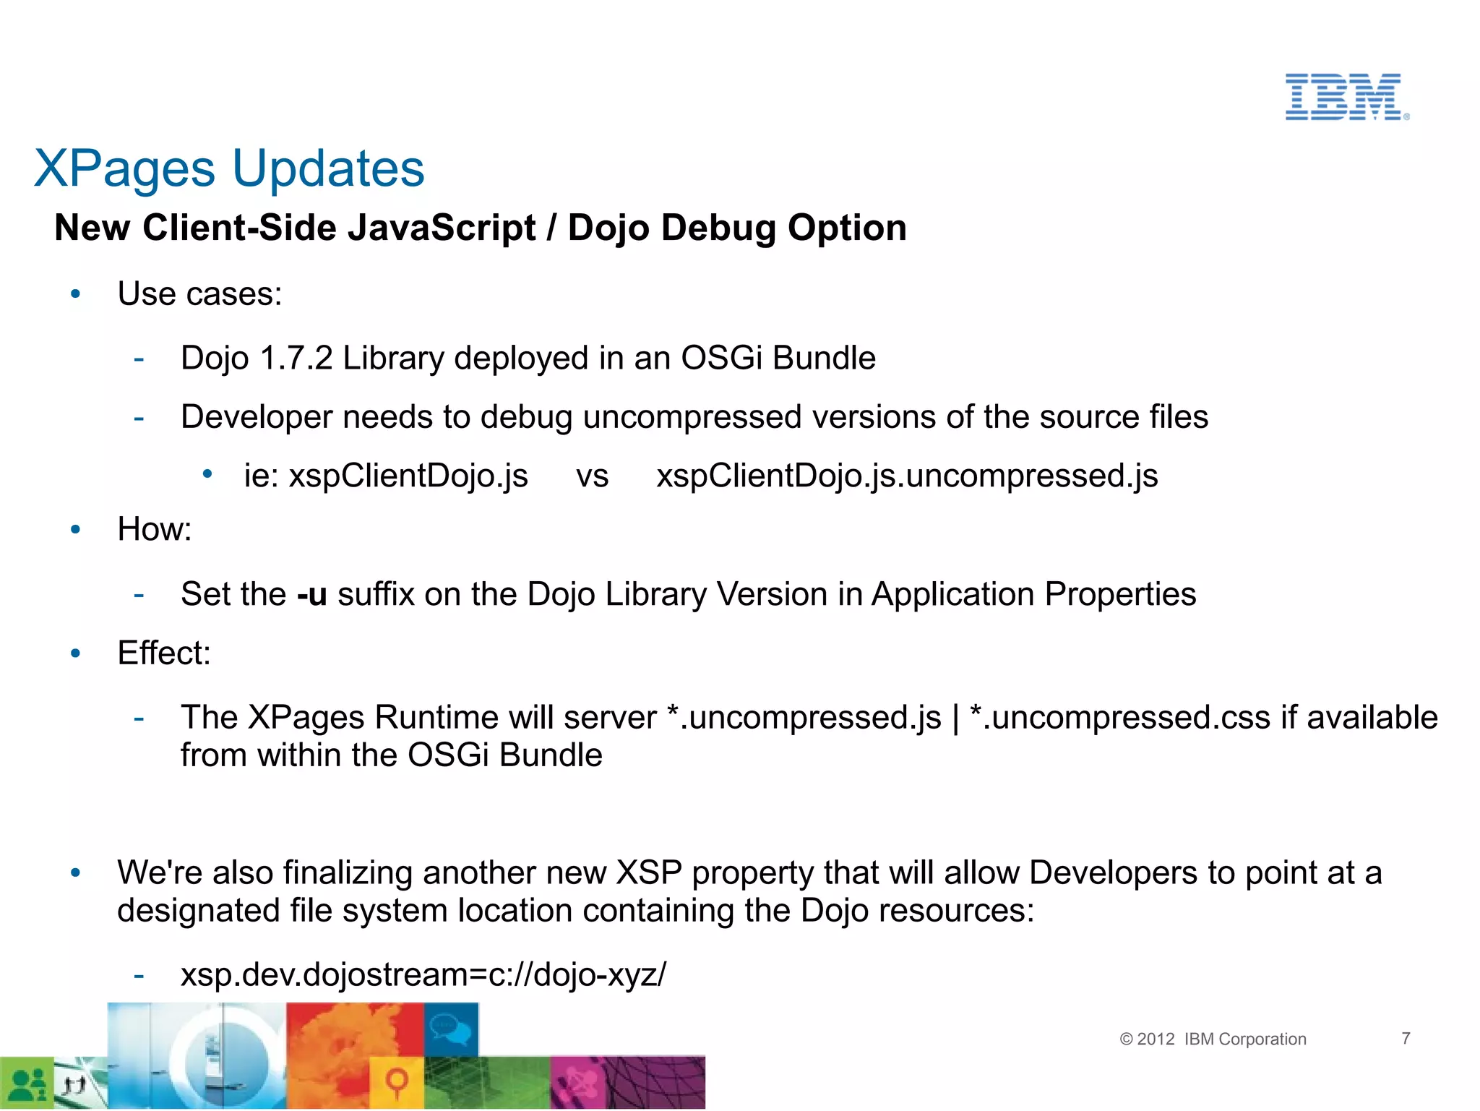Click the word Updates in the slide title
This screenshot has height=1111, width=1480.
(328, 169)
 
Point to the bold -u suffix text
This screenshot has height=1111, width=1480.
(312, 594)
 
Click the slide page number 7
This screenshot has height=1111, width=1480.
(1406, 1038)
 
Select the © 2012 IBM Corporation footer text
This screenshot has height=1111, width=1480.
(1213, 1039)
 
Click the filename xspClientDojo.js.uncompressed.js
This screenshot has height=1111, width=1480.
(907, 476)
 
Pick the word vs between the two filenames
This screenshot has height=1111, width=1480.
(592, 476)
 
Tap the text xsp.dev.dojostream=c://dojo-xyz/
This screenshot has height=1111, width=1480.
(423, 974)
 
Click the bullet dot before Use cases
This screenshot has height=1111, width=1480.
(76, 294)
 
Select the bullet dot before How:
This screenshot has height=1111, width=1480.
(76, 530)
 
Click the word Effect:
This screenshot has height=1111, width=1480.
(164, 653)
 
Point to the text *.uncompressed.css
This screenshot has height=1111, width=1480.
(1119, 718)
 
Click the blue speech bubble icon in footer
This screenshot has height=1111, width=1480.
(452, 1028)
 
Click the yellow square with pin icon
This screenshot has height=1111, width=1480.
(396, 1082)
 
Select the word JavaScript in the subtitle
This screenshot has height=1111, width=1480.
(442, 228)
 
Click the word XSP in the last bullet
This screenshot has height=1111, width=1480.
(648, 873)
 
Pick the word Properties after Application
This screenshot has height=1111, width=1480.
(1120, 594)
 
